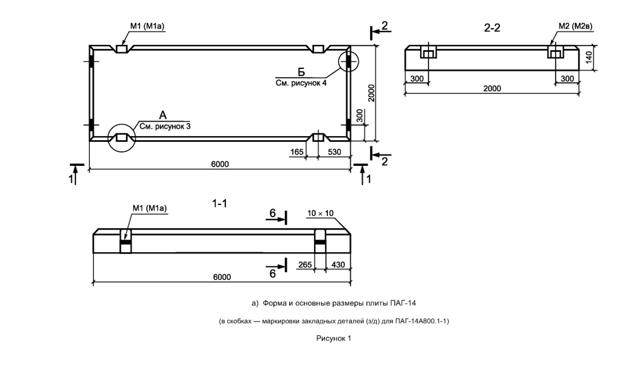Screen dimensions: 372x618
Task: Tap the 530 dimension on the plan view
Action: coord(334,152)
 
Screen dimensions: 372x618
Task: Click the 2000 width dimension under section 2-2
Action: coord(493,88)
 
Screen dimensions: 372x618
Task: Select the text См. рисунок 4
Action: coord(301,84)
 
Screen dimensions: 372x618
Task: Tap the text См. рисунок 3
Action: coord(165,126)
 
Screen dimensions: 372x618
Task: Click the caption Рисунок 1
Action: coord(334,338)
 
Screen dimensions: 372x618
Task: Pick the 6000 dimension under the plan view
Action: coord(219,164)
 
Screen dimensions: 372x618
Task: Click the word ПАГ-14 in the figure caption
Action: coord(408,303)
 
